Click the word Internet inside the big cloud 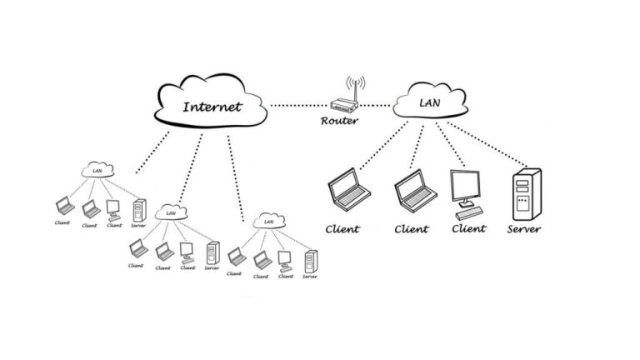coord(212,107)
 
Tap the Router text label coord(339,122)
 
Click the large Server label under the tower coord(523,229)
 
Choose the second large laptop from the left coord(414,191)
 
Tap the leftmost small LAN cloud coord(97,172)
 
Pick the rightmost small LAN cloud coord(268,221)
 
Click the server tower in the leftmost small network coord(138,208)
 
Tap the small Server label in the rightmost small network coord(309,277)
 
